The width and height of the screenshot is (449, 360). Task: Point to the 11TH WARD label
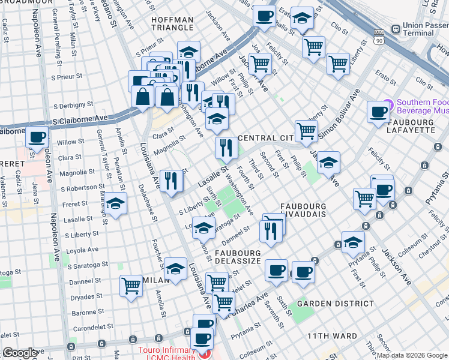(332, 336)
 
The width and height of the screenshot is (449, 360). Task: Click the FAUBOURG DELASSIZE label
(238, 257)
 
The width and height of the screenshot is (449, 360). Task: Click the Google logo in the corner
(20, 353)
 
